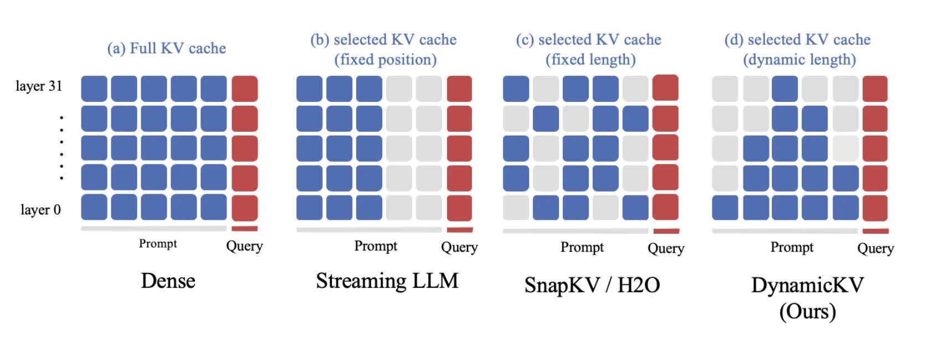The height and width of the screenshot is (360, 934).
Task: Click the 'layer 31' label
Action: coord(39,86)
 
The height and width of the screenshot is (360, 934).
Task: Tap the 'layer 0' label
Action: coord(41,209)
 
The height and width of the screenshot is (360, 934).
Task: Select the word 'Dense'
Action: coord(168,281)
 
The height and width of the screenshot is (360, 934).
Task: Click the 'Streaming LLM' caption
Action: coord(387,280)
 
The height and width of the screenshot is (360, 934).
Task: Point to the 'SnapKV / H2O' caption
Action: coord(592,285)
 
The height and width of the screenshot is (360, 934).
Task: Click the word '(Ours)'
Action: coord(808,311)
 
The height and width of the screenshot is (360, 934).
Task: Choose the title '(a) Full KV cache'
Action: coord(166,48)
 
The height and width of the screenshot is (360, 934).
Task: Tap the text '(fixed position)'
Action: coord(385,60)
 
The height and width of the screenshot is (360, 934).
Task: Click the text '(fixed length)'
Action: coord(591,60)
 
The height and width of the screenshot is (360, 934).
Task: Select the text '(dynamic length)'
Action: coord(799,60)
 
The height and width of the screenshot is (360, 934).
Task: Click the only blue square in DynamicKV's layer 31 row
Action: coord(785,89)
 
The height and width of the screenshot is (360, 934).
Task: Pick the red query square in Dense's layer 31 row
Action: coord(245,89)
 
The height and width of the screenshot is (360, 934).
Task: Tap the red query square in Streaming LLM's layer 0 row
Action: coord(459,208)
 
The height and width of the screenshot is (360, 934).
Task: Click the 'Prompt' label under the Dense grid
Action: coord(158,244)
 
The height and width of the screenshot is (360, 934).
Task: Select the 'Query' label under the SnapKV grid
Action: coord(666,248)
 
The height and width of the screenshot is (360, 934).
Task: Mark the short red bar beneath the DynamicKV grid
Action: coord(876,231)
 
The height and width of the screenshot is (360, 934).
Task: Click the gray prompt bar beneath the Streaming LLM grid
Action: coord(369,230)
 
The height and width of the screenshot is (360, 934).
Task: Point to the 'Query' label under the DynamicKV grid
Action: coord(876,248)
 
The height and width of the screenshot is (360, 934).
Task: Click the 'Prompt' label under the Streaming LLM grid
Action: coord(376,246)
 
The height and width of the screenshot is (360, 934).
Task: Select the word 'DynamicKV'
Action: coord(808,286)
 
